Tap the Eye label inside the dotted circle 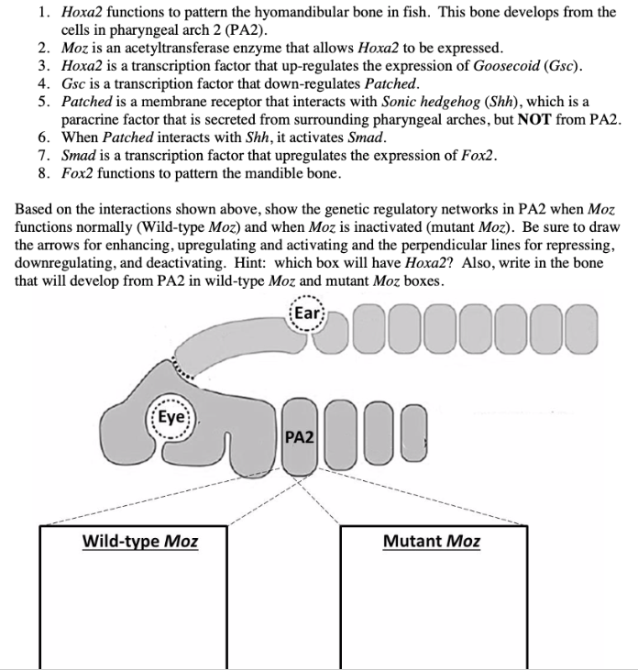click(x=171, y=415)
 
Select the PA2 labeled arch click(x=300, y=437)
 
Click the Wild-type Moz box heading click(x=140, y=541)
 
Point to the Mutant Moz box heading click(x=431, y=541)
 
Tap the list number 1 click(x=43, y=13)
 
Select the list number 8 click(x=43, y=173)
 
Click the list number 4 click(x=43, y=83)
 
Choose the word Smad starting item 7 click(x=79, y=155)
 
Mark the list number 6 click(x=43, y=137)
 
